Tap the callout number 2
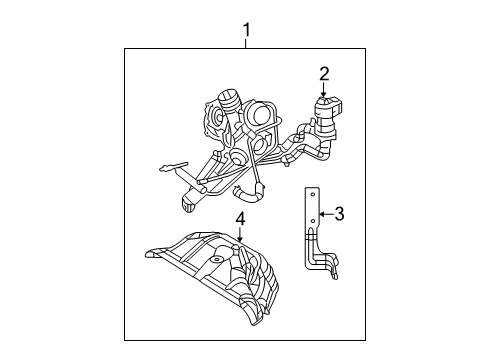[x=324, y=72]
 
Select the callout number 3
[x=339, y=213]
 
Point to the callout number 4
[x=240, y=217]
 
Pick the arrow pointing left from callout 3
[x=323, y=213]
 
